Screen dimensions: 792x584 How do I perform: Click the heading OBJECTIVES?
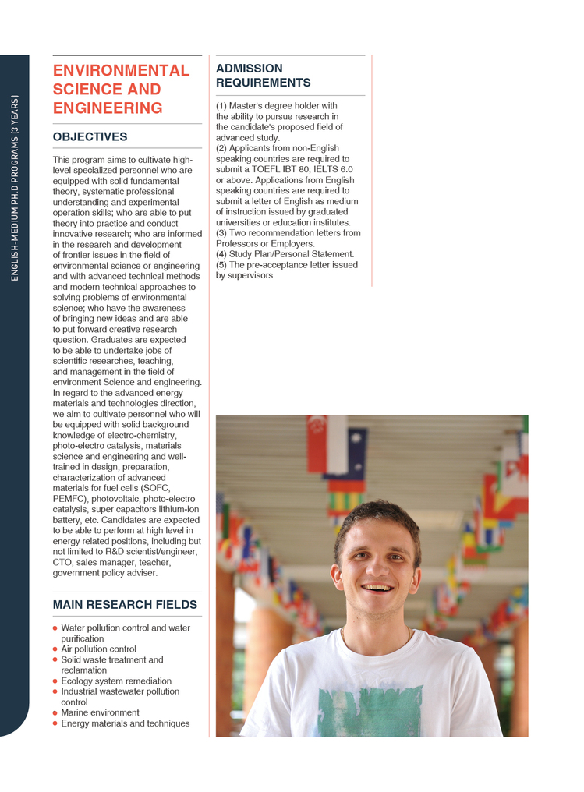pos(90,136)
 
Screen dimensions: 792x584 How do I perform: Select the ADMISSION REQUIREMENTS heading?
pos(263,76)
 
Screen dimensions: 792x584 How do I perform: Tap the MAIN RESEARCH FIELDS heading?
pos(125,605)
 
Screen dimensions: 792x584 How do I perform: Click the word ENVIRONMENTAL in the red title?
pos(121,70)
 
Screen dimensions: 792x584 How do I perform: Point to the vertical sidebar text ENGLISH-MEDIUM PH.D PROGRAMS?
pos(15,187)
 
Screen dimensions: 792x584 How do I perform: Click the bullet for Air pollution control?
pos(55,649)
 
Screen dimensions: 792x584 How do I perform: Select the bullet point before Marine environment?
pos(55,713)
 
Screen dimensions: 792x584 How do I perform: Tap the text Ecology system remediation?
pos(116,681)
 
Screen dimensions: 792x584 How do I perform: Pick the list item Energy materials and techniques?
pos(125,723)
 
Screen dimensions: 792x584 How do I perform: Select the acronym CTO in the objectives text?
pos(63,562)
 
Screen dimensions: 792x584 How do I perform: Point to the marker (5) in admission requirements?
pos(221,265)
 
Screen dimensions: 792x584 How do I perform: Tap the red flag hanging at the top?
pos(317,444)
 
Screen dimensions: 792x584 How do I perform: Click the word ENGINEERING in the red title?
pos(108,108)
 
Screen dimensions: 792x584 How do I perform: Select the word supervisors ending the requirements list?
pos(251,275)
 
